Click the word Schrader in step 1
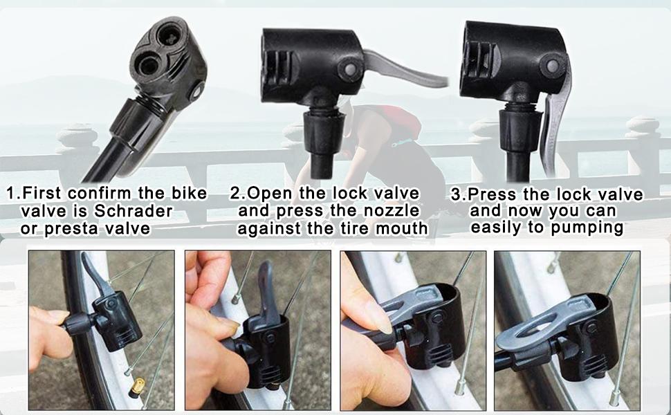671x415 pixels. pos(136,211)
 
